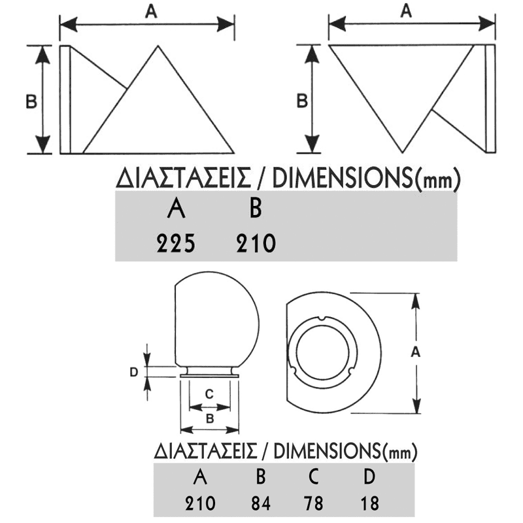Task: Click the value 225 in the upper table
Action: point(176,244)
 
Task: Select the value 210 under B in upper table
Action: point(255,244)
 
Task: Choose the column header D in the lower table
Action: point(369,477)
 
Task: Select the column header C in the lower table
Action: point(314,477)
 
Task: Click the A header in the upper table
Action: point(176,209)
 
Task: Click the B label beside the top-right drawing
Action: point(302,101)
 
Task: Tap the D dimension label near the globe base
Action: point(133,372)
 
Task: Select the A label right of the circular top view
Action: point(414,351)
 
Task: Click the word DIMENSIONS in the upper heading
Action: point(342,178)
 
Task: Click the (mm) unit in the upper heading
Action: point(437,179)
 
